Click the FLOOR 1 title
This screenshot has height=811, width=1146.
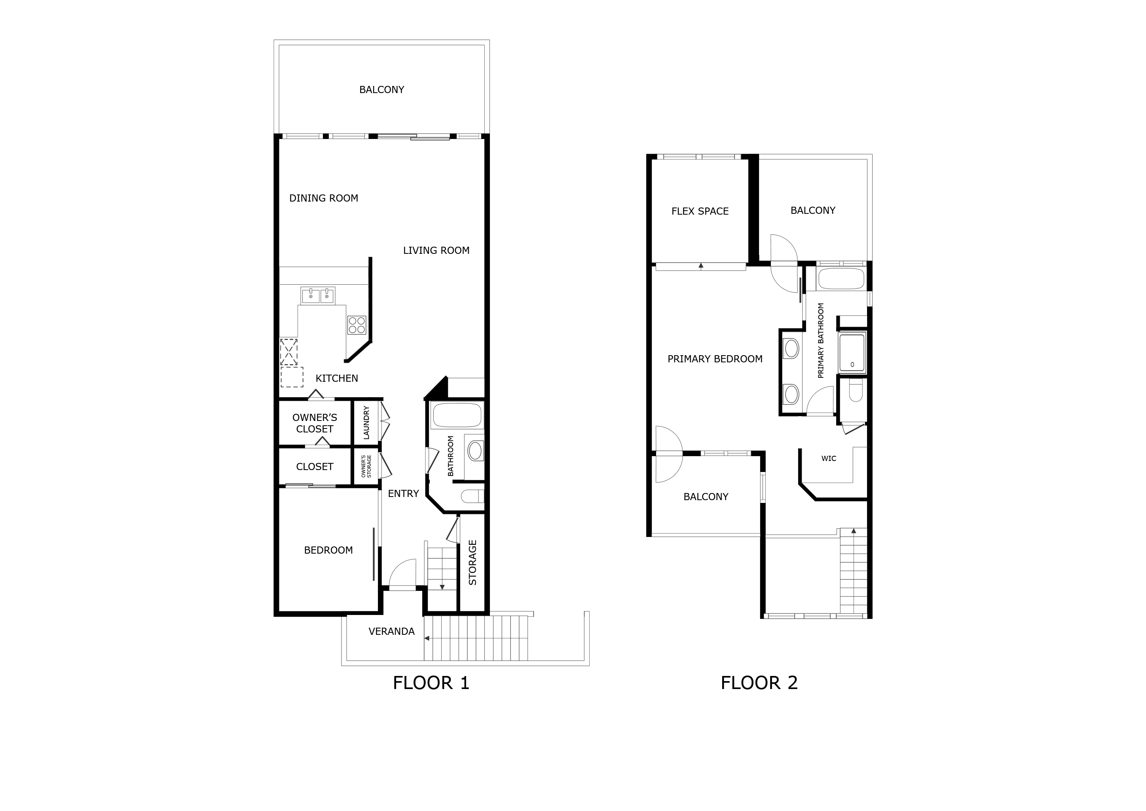[x=431, y=683]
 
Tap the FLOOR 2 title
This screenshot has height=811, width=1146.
[x=759, y=683]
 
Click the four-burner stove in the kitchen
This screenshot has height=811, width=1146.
[x=357, y=325]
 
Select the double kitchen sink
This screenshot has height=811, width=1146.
[x=317, y=296]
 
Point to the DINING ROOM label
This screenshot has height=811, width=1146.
[x=323, y=198]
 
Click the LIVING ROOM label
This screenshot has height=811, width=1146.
[x=436, y=251]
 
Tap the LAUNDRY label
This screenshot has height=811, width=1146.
[x=366, y=423]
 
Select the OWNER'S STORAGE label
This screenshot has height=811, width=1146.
[x=366, y=466]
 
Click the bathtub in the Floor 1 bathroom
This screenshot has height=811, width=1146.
[x=457, y=415]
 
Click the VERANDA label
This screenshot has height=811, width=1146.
[x=391, y=632]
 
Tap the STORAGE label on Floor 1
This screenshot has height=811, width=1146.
[x=472, y=563]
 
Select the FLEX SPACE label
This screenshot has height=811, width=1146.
[x=700, y=211]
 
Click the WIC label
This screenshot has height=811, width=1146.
[x=829, y=459]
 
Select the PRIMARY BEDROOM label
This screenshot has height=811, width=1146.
[x=715, y=359]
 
